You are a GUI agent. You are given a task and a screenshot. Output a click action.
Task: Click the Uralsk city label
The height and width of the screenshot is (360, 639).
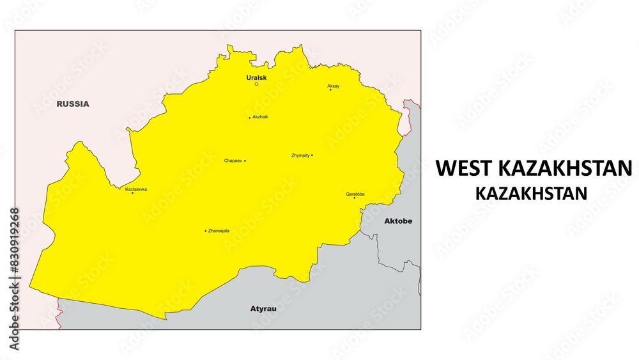tap(257, 77)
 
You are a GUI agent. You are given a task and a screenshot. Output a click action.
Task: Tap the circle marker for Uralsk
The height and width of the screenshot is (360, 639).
tap(257, 84)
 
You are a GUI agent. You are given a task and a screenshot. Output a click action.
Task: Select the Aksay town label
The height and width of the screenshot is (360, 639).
tap(334, 86)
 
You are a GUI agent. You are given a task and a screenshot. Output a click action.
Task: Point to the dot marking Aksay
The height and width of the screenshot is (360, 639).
tap(330, 90)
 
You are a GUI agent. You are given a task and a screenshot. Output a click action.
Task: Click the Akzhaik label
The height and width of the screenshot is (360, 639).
tap(261, 117)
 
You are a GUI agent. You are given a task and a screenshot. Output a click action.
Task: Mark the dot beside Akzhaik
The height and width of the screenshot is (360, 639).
tap(250, 118)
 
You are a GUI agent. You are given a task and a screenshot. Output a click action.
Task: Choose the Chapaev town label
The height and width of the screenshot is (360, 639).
tap(233, 160)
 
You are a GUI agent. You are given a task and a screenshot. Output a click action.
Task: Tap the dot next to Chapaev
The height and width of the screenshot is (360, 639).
tap(245, 160)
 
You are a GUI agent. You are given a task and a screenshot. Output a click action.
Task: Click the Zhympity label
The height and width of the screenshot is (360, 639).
tap(300, 155)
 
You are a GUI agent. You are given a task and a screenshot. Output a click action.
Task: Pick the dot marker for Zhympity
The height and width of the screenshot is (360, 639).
tap(312, 155)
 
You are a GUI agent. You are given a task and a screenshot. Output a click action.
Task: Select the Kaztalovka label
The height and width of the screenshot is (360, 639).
tap(136, 189)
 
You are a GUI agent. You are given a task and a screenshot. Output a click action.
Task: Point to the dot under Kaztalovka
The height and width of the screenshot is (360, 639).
tap(133, 193)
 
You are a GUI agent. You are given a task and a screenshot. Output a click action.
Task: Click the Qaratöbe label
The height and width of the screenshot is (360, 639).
tap(355, 194)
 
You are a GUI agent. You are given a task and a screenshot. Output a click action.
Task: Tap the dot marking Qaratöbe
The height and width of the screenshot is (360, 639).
tap(355, 198)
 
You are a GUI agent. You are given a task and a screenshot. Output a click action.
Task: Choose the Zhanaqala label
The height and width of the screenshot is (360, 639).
tap(219, 231)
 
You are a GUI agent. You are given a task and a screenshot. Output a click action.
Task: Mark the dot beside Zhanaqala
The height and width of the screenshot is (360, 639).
tap(206, 231)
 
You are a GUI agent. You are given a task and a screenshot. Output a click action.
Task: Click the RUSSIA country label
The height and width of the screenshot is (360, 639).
tap(73, 104)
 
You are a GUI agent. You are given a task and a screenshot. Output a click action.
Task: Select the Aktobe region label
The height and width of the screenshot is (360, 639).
tap(398, 221)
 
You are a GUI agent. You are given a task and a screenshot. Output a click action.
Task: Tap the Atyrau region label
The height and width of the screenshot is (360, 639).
tap(263, 309)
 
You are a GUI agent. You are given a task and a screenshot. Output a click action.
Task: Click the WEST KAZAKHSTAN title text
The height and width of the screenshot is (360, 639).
tap(533, 168)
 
